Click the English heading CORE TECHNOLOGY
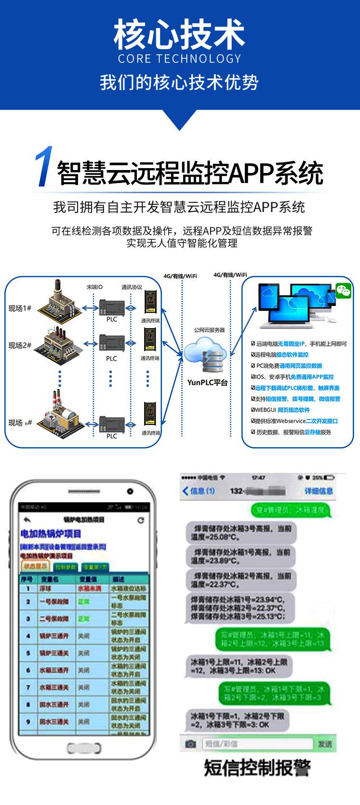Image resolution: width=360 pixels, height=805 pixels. click(179, 59)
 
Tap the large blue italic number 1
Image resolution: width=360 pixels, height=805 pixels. click(44, 167)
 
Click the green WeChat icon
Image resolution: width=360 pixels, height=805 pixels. click(343, 290)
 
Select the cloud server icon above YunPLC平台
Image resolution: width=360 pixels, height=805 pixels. click(207, 356)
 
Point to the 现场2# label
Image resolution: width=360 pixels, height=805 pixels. click(20, 345)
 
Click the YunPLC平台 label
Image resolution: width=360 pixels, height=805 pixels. click(207, 383)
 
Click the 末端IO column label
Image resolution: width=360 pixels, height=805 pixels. click(94, 287)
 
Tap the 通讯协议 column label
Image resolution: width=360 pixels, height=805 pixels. click(132, 287)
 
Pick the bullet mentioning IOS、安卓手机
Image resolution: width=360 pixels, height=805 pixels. click(292, 377)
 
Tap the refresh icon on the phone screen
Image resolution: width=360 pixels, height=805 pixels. click(141, 520)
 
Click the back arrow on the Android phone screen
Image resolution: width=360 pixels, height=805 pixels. click(27, 520)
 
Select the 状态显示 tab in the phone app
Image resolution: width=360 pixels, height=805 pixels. click(36, 567)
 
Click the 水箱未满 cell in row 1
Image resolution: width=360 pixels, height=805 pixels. click(90, 589)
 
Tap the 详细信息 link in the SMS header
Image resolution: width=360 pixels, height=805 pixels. click(319, 491)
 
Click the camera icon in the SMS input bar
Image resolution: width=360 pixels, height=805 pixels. click(191, 744)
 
